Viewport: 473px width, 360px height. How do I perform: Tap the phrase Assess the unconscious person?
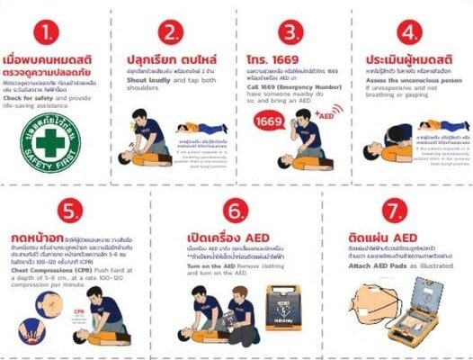[x=401, y=78]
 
